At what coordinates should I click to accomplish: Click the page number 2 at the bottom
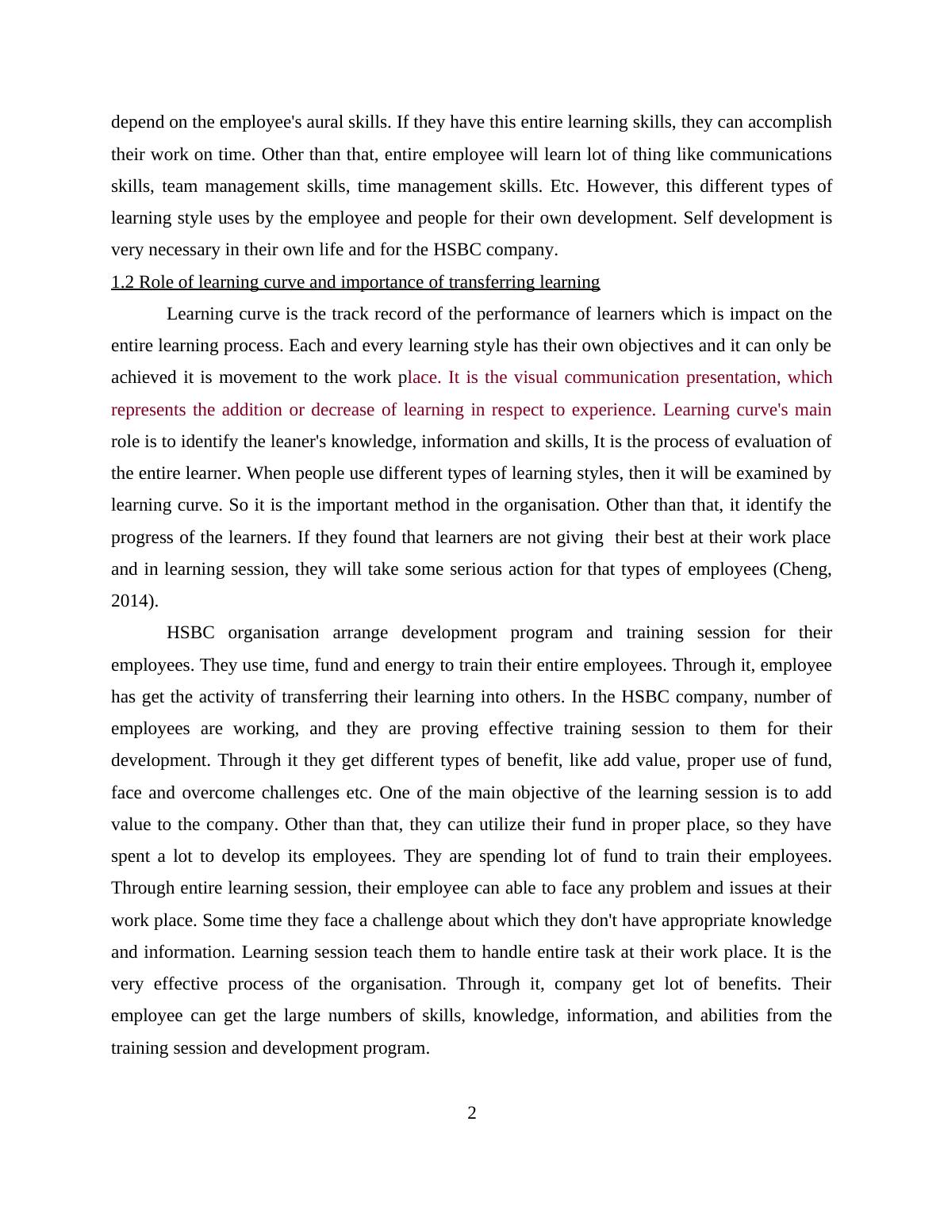tap(471, 1113)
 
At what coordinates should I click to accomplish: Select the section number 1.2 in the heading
tap(123, 282)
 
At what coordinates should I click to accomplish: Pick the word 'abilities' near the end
tap(729, 1016)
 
